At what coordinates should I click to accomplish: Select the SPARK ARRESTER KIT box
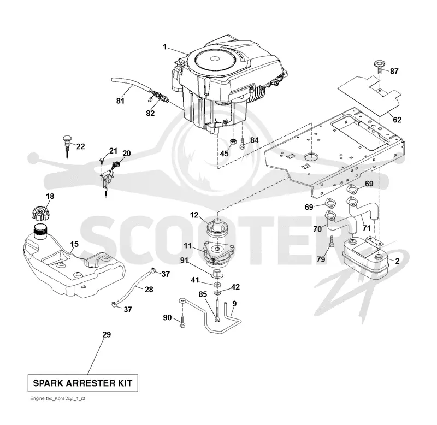tap(83, 383)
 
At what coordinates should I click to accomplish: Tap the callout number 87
tap(394, 72)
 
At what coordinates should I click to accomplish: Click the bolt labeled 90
tap(183, 322)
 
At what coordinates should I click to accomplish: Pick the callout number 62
tap(397, 120)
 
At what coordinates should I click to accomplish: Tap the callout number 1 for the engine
tap(165, 47)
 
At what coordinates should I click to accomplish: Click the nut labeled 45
tap(233, 141)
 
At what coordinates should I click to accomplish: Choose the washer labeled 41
tap(216, 285)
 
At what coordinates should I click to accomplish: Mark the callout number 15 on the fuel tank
tap(74, 244)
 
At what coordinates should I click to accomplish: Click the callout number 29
tap(107, 334)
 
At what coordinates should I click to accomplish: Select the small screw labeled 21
tap(102, 161)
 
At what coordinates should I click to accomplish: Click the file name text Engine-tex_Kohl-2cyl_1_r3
tap(58, 399)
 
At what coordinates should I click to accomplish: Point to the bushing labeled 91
tap(217, 273)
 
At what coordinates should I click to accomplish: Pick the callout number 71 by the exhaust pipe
tap(367, 228)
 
